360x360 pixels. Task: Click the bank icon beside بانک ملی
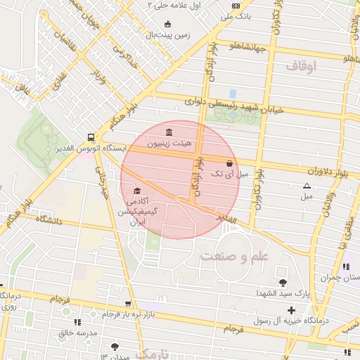pyautogui.click(x=235, y=6)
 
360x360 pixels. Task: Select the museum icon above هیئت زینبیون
pyautogui.click(x=169, y=132)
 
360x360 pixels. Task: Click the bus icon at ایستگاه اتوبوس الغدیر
pyautogui.click(x=91, y=138)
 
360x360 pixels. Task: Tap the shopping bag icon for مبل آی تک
pyautogui.click(x=229, y=163)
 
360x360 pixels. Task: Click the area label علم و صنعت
pyautogui.click(x=234, y=256)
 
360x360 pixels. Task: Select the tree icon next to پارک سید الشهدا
pyautogui.click(x=283, y=283)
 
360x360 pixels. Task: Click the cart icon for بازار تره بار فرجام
pyautogui.click(x=127, y=304)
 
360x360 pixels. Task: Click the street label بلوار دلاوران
pyautogui.click(x=328, y=171)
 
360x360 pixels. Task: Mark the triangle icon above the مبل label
pyautogui.click(x=306, y=186)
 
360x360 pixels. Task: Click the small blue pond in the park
pyautogui.click(x=233, y=93)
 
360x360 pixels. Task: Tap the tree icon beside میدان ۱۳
pyautogui.click(x=115, y=347)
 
